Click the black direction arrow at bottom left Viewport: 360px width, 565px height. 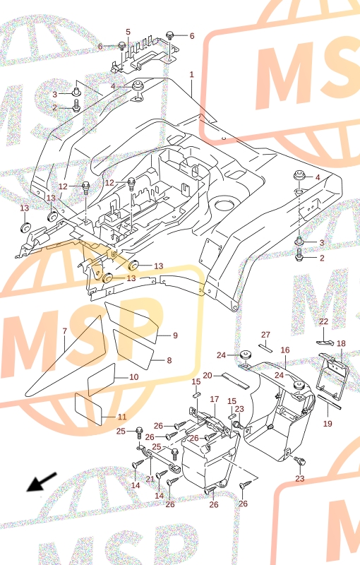pyautogui.click(x=42, y=482)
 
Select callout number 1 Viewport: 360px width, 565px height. pyautogui.click(x=191, y=75)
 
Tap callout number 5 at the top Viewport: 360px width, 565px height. pyautogui.click(x=128, y=32)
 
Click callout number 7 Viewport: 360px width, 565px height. pyautogui.click(x=65, y=331)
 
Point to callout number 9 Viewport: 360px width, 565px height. pyautogui.click(x=175, y=335)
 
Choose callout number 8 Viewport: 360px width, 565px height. pyautogui.click(x=169, y=360)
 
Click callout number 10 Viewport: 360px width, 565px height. pyautogui.click(x=134, y=377)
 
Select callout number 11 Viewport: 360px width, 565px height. pyautogui.click(x=122, y=417)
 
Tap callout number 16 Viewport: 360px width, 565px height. pyautogui.click(x=285, y=350)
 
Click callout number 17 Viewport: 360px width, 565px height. pyautogui.click(x=215, y=399)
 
